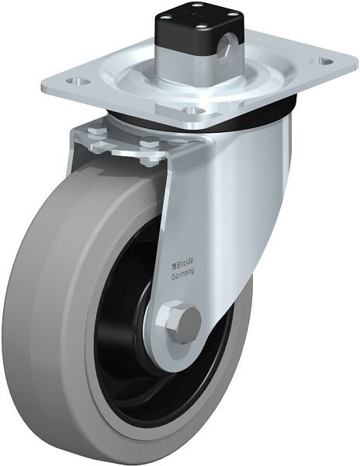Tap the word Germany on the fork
coord(183,274)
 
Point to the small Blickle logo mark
coord(175,265)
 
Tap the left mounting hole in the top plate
coord(77,81)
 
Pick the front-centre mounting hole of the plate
coord(195,111)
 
